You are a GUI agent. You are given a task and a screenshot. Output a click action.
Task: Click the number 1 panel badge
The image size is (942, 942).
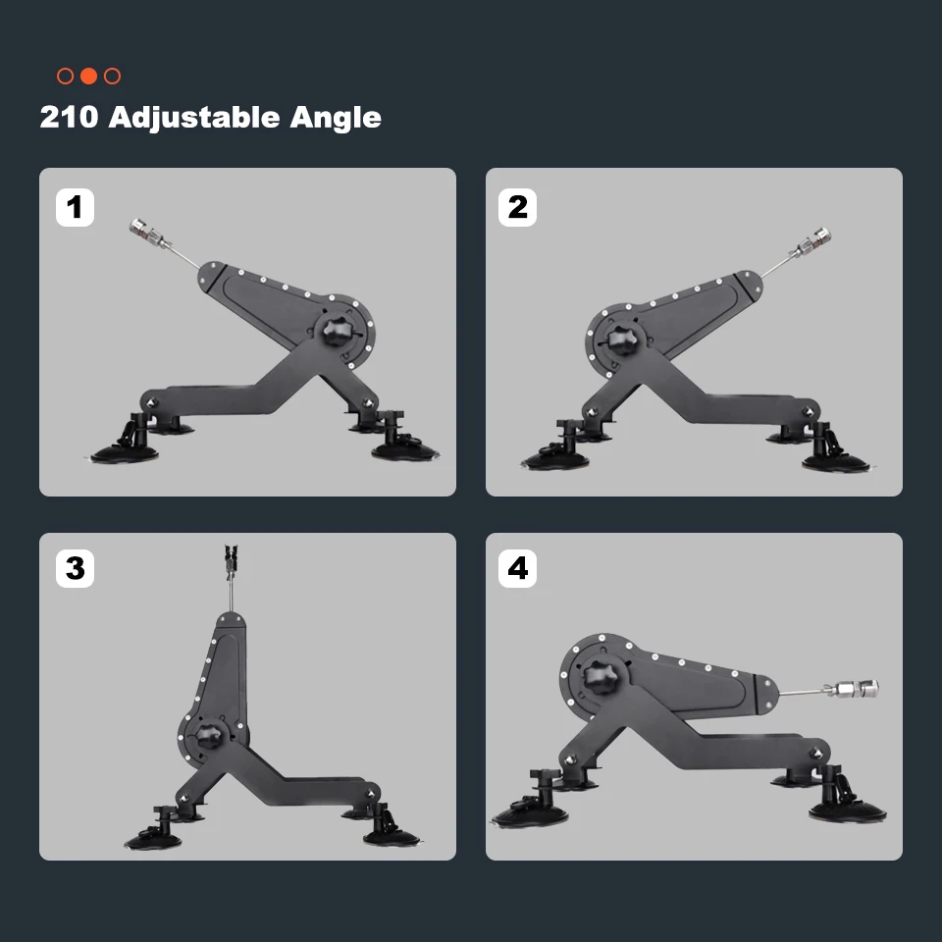tap(76, 207)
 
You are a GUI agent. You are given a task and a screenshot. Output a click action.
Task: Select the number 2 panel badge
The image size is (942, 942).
tap(517, 207)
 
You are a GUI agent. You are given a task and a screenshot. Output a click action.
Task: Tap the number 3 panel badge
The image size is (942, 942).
tap(76, 568)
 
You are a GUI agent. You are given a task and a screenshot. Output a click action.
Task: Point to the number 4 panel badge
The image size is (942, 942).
tap(517, 568)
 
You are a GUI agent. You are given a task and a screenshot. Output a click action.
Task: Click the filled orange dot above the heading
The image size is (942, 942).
tap(89, 77)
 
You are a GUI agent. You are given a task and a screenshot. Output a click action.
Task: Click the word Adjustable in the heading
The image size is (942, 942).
tap(194, 118)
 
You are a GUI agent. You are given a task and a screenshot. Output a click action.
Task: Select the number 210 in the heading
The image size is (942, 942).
tap(69, 117)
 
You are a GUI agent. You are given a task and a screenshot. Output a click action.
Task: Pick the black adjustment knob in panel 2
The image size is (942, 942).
tap(622, 340)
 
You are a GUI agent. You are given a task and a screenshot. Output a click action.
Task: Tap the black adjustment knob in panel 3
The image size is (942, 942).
tap(209, 736)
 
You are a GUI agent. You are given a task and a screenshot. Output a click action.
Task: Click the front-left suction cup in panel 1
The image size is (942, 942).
tap(125, 451)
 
